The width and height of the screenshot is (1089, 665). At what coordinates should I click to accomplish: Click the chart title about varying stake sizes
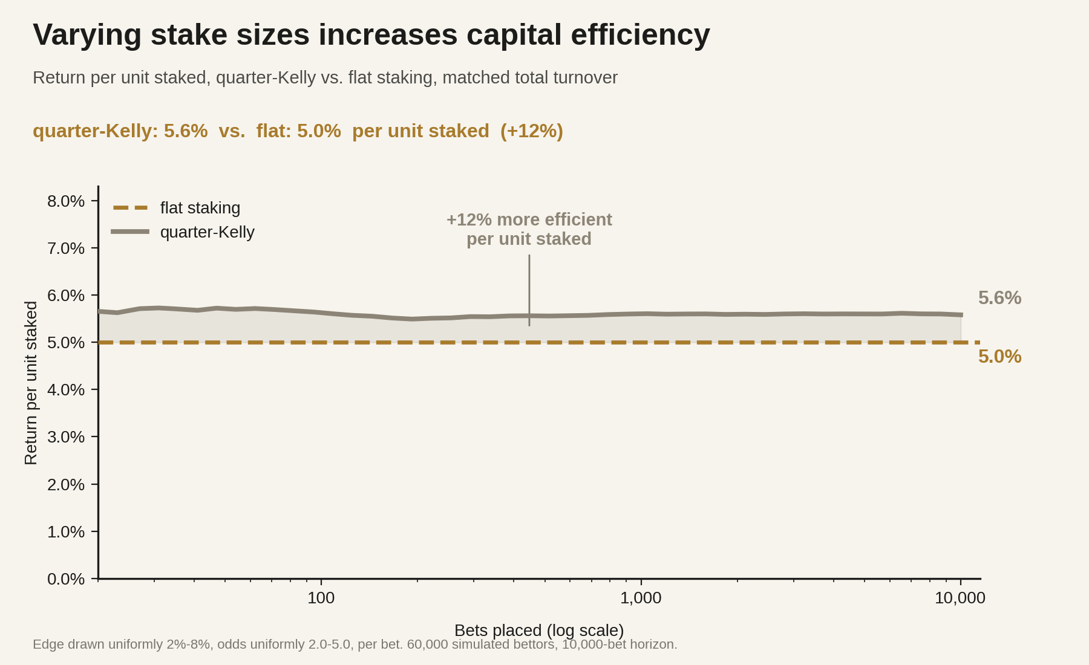coord(371,34)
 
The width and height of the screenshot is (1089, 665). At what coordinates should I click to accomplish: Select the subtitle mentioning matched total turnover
coord(325,78)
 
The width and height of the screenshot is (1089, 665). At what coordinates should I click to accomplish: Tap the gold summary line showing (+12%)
coord(298,131)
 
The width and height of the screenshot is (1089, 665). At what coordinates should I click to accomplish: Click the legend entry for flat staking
coord(177,208)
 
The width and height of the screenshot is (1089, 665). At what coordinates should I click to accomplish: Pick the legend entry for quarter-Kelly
coord(183,232)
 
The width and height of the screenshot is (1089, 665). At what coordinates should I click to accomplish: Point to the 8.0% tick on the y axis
coord(66,201)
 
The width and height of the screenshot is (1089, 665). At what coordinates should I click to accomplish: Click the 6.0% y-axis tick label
coord(66,296)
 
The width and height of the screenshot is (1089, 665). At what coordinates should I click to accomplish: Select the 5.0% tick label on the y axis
coord(66,343)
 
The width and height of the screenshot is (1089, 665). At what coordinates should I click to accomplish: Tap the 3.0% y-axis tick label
coord(66,437)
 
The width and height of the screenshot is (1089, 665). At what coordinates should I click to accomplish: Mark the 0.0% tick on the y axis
coord(66,579)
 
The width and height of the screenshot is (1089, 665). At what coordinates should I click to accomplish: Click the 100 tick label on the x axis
coord(321,598)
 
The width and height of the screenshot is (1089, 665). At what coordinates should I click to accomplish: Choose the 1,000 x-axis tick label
coord(641,598)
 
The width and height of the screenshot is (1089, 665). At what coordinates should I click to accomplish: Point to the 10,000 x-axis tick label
coord(960,598)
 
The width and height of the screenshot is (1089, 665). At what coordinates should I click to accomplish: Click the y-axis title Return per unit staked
coord(31,383)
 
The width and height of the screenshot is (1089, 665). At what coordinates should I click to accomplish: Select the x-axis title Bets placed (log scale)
coord(539,631)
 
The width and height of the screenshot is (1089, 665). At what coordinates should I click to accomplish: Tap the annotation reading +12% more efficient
coord(529,219)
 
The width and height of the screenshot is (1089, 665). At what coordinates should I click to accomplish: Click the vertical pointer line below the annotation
coord(529,290)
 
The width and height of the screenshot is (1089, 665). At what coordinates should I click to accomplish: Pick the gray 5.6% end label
coord(999,298)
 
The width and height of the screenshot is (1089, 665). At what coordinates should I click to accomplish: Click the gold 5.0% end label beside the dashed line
coord(999,357)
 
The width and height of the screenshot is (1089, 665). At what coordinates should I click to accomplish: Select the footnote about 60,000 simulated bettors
coord(355,644)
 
